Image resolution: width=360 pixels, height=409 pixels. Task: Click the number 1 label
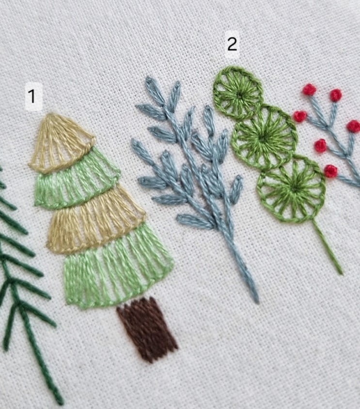pos(32,96)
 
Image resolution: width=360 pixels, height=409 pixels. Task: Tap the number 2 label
pos(232,44)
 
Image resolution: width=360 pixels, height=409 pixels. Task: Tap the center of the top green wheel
pos(239,94)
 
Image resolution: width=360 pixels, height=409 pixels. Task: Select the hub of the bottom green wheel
pos(294,187)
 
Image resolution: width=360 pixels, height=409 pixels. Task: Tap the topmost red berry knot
pos(310,90)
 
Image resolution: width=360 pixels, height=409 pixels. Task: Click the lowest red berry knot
pos(331,171)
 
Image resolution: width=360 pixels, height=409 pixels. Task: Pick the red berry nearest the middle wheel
pos(300,116)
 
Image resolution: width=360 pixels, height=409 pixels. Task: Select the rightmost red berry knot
pos(354,126)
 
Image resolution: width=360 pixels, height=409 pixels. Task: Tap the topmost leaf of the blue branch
pos(155,90)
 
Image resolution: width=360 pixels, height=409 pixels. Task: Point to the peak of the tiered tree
pos(53,114)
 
